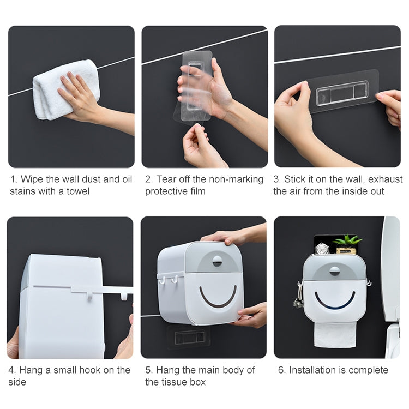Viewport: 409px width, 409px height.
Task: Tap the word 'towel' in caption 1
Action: click(x=77, y=191)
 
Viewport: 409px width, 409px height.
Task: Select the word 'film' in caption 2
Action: click(x=196, y=191)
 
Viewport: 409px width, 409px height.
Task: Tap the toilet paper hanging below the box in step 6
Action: click(x=335, y=333)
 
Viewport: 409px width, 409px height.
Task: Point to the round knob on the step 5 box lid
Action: click(x=217, y=261)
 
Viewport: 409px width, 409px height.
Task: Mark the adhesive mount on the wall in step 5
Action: click(x=189, y=338)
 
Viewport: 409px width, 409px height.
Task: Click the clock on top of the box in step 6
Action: click(x=322, y=249)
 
